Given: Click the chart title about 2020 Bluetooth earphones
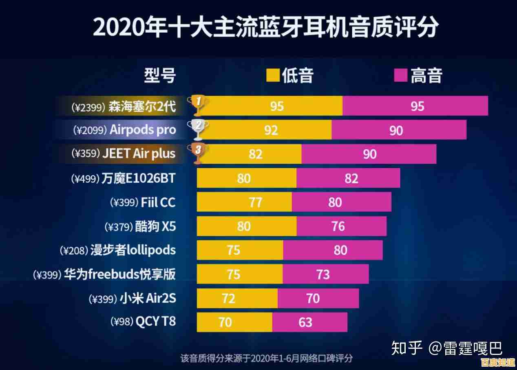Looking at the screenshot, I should pos(265,27).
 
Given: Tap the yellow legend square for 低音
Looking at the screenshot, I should pos(273,76).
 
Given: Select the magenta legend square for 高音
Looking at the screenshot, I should pos(401,76).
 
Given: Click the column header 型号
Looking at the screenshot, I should pos(160,76).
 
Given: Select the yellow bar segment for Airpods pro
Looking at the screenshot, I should pos(264,130).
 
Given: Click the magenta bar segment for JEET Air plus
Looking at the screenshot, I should pos(369,154).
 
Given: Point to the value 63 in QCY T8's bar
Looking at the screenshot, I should pos(305,322).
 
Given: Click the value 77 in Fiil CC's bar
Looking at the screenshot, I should pos(255,202).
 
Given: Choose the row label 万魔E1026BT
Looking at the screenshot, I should pos(139,178).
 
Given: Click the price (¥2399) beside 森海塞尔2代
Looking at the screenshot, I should pos(88,107).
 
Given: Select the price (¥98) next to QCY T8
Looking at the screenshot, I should pos(122,321).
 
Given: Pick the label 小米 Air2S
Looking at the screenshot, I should pos(148,298).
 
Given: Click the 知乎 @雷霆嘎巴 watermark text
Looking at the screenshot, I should pos(447,348).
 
